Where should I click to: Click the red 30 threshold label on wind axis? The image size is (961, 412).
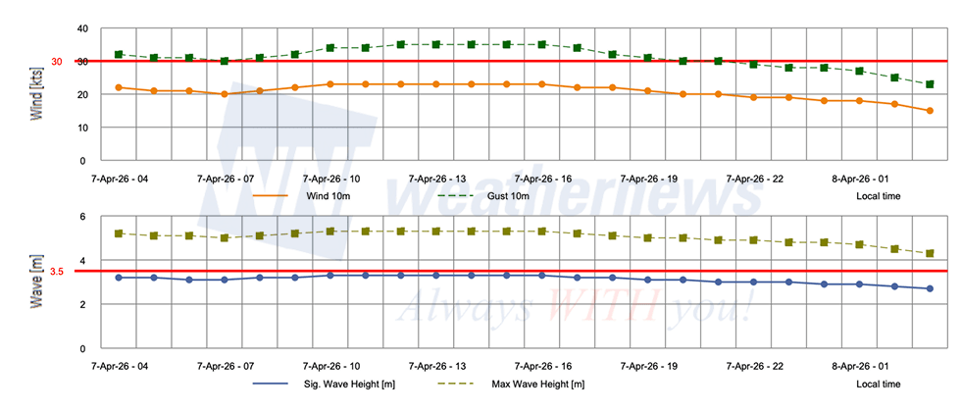coord(56,62)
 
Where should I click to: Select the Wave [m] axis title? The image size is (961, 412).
coord(36,283)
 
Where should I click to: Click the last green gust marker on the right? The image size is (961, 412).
coord(930,84)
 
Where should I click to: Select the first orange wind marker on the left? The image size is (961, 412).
coord(119,87)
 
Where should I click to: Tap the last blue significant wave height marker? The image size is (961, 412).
coord(930,288)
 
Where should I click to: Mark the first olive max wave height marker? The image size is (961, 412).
coord(119,233)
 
